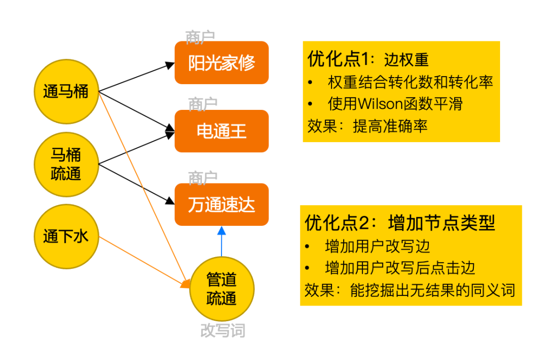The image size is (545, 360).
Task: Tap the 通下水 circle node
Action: (66, 236)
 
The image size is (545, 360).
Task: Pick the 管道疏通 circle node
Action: (222, 289)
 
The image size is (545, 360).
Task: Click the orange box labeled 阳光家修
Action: (222, 63)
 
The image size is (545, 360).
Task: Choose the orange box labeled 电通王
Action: (222, 131)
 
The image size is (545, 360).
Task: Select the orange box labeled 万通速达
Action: (222, 205)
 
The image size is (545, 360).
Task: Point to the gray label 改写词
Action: (223, 331)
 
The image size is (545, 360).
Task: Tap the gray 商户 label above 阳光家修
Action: (200, 37)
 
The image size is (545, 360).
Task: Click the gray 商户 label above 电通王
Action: (203, 105)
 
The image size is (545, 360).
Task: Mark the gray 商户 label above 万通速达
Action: (203, 178)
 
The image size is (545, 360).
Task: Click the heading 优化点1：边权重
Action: (368, 59)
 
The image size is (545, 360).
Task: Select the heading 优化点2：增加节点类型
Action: (400, 222)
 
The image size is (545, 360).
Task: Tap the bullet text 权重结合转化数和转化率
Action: (410, 82)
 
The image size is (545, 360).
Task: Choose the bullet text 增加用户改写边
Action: (377, 246)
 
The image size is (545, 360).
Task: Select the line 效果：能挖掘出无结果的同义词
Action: (410, 290)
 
